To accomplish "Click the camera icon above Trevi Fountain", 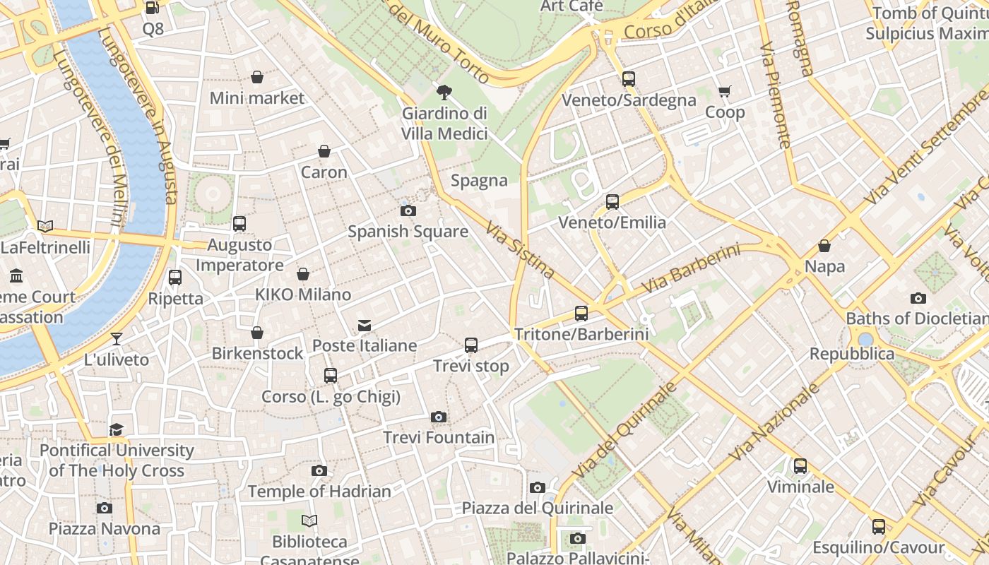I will point(439,417).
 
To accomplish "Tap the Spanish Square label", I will point(408,232).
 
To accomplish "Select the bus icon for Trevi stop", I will point(471,345).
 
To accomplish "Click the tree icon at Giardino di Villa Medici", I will point(444,92).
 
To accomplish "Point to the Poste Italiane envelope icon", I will point(365,326).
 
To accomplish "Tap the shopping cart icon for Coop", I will point(725,92).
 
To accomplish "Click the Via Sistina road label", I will point(520,249).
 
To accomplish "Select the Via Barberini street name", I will point(690,269).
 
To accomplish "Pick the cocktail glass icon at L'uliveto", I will point(117,339).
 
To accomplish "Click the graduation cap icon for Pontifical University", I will point(117,429).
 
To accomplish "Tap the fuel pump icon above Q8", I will point(152,8).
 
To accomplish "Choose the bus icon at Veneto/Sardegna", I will point(629,79).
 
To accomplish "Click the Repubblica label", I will point(851,354).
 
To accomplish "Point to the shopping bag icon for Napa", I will point(824,246).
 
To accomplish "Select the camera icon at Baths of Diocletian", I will point(918,298).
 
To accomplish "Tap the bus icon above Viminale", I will point(800,466).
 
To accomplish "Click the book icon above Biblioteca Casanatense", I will point(309,521).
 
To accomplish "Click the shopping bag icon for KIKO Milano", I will point(303,274).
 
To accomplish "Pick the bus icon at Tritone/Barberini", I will point(581,313).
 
